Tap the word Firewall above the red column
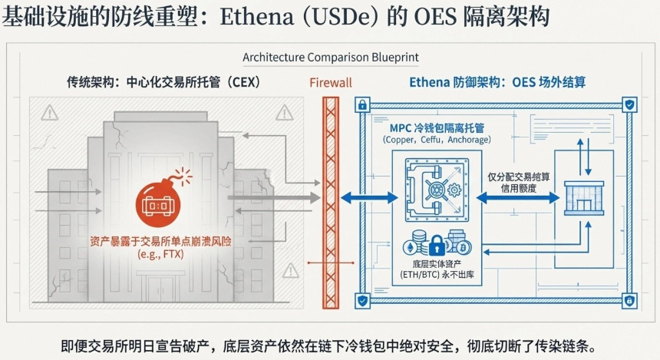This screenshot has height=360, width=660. (x=332, y=83)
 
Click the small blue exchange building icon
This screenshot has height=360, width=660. (x=584, y=197)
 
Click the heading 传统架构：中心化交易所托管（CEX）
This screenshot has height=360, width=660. (x=163, y=82)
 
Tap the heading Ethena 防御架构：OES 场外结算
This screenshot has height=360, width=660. (x=503, y=82)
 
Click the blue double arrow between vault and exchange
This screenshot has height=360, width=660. (x=517, y=197)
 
